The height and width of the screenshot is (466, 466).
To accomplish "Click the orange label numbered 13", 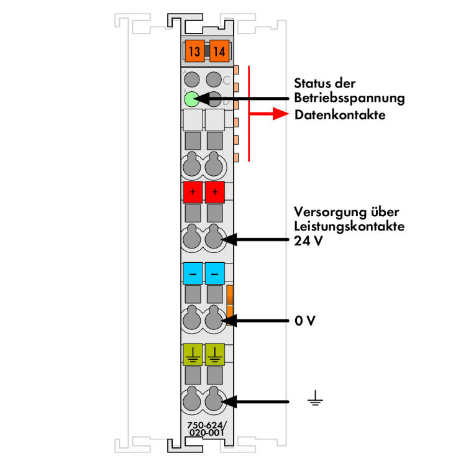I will tap(193, 52).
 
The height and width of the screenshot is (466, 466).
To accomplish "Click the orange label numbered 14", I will tap(218, 52).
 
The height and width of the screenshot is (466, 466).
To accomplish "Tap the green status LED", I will tap(192, 98).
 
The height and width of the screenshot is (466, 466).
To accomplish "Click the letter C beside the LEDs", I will tap(226, 81).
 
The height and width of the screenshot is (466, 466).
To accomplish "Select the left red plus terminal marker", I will tap(193, 192).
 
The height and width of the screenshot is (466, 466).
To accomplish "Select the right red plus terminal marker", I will tap(215, 192).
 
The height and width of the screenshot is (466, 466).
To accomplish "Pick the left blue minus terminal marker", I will tap(193, 273).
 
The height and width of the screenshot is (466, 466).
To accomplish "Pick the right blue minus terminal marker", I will tap(215, 273).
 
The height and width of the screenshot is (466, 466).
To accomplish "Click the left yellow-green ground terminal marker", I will tap(193, 354).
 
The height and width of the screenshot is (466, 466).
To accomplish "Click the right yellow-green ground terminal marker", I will tap(215, 354).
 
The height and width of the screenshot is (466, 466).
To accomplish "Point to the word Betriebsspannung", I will tap(349, 98).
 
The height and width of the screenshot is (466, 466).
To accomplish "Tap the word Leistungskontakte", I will tap(349, 226).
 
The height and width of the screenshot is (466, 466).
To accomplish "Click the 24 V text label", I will tap(308, 241).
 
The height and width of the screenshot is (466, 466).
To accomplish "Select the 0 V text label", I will tap(305, 321).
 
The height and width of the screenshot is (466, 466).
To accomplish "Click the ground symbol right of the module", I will tap(315, 398).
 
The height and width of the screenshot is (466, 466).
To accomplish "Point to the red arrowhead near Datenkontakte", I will tap(282, 114).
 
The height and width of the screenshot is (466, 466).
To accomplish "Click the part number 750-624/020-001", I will tap(208, 429).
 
